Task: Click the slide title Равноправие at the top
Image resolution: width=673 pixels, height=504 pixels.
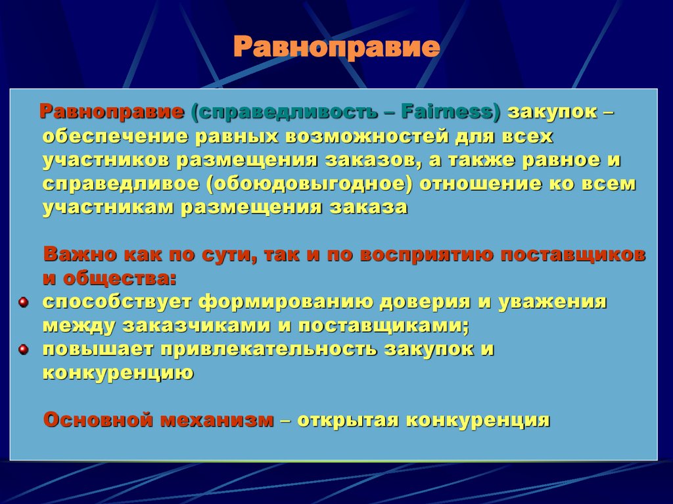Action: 336,48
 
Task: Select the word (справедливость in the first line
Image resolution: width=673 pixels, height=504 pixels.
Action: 284,111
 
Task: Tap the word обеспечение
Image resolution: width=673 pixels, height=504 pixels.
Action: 115,136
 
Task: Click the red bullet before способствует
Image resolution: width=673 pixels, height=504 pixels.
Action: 23,302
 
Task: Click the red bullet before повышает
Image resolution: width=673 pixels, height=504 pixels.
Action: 23,349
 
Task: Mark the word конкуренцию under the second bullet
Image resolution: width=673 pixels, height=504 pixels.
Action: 118,373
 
